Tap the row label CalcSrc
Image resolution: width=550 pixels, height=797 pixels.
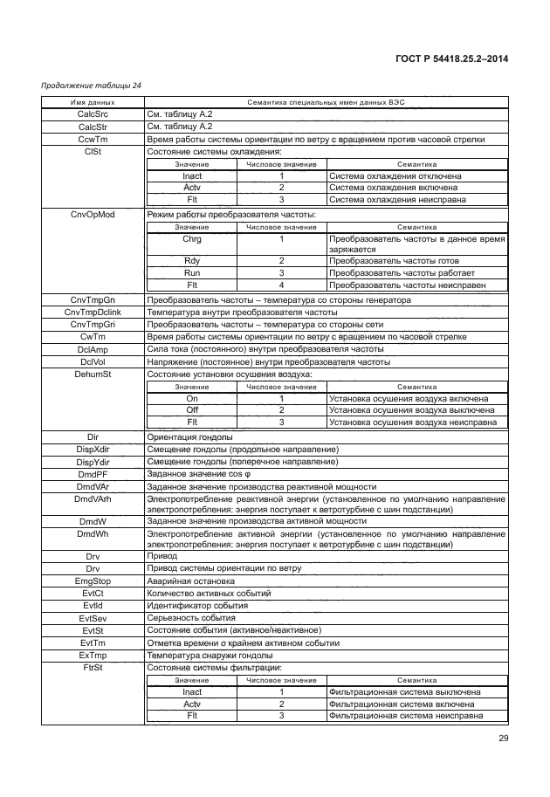[93, 114]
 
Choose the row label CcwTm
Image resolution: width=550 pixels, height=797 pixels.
[93, 139]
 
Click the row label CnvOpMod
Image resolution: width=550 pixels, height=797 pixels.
[93, 214]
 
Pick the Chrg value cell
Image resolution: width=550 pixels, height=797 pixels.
[192, 238]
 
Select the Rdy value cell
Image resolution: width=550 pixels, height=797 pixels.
[192, 261]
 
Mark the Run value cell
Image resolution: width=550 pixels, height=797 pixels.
[192, 272]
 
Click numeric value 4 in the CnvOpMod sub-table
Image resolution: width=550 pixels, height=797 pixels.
[282, 285]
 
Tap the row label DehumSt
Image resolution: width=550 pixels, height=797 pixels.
[93, 374]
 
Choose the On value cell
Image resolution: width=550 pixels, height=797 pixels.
[192, 399]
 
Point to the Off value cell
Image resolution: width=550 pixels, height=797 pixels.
[192, 410]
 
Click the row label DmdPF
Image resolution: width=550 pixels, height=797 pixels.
[93, 474]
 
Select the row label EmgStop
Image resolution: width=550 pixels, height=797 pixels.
[93, 580]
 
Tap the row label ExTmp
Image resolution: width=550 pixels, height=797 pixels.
[93, 655]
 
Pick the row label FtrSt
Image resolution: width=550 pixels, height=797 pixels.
[93, 668]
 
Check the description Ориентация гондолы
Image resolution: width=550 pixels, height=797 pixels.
[189, 436]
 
